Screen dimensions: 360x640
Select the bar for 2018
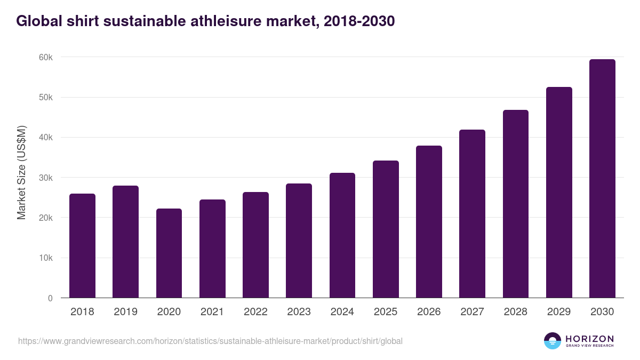(82, 246)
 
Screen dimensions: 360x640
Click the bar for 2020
(169, 253)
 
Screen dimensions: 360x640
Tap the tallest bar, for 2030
(602, 179)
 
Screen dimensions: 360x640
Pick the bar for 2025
(386, 229)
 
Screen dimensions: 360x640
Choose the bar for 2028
(516, 204)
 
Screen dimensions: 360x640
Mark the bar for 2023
(299, 241)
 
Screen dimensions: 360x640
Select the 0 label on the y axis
(50, 299)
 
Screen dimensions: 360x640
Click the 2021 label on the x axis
(212, 312)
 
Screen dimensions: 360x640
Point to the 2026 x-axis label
(429, 312)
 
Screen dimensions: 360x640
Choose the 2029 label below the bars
(559, 312)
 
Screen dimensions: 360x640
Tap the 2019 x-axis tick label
(125, 312)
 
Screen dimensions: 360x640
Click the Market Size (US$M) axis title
(22, 172)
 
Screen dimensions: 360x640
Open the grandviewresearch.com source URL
(210, 341)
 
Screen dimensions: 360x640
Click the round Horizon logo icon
(553, 341)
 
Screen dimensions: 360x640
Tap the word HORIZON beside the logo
(589, 339)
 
